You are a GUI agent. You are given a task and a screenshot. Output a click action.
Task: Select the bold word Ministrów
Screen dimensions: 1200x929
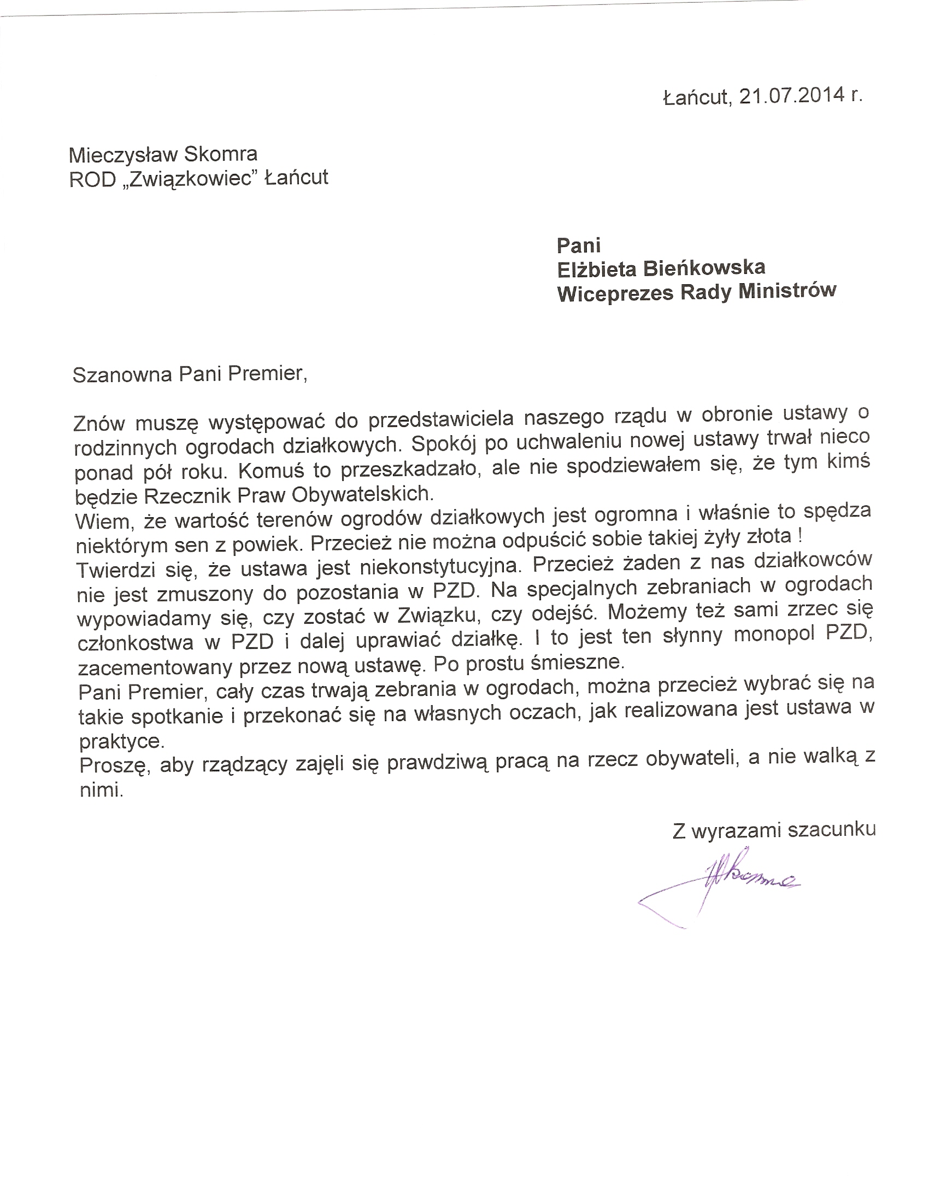(x=787, y=291)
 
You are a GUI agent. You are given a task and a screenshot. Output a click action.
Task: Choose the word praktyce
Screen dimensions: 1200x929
(x=121, y=742)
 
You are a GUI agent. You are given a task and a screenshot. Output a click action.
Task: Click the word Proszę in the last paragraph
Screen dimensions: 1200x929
(x=114, y=765)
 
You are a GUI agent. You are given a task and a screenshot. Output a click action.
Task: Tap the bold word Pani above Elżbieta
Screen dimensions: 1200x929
(x=579, y=244)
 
